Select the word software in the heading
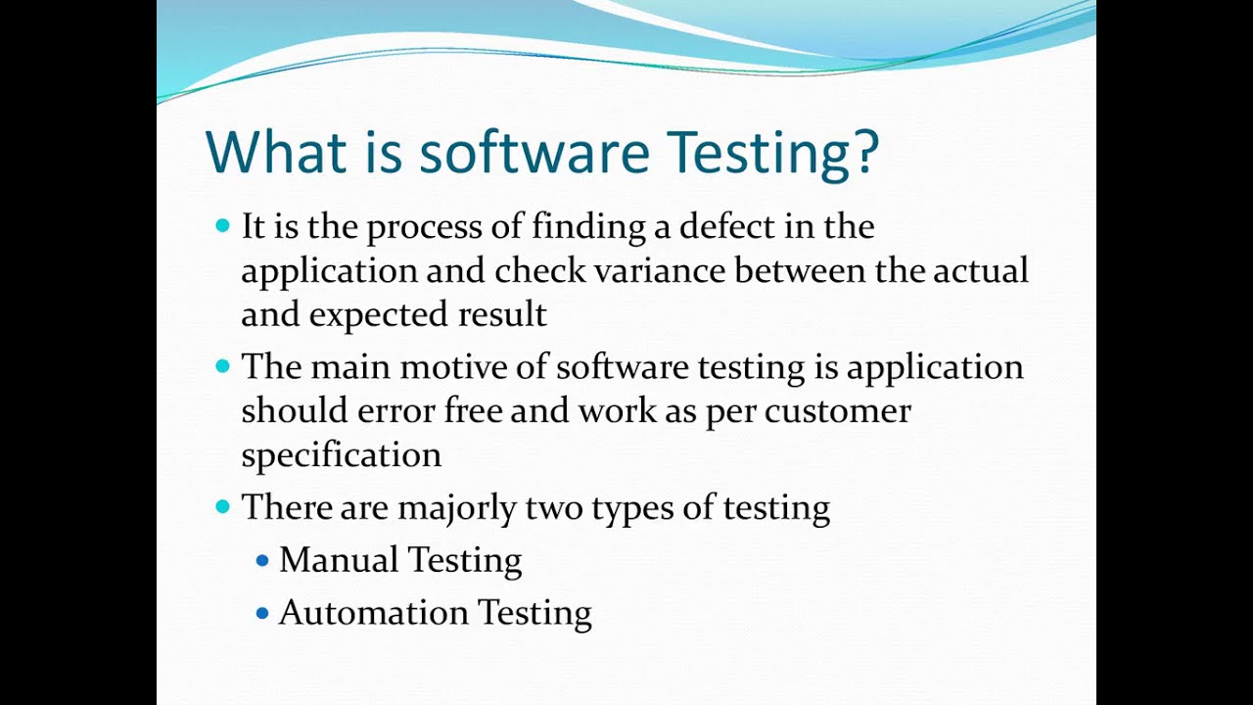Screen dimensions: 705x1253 click(x=534, y=152)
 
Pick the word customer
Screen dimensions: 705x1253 click(x=838, y=410)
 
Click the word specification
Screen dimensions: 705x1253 click(x=341, y=455)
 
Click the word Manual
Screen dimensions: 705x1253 click(x=338, y=560)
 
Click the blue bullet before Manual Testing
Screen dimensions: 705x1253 click(x=261, y=561)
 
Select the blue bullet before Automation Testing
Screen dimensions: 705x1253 click(x=261, y=614)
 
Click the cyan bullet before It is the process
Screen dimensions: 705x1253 click(x=222, y=226)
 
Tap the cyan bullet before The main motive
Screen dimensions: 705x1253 click(x=222, y=366)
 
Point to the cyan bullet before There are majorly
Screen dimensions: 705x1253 click(x=222, y=507)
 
